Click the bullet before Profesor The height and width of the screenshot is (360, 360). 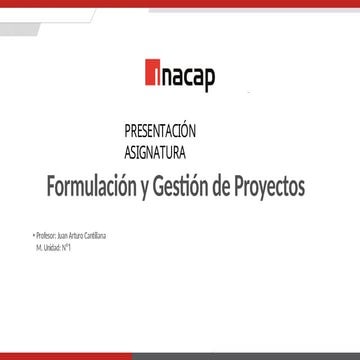[33, 233]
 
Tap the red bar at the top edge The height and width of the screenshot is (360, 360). [180, 3]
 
